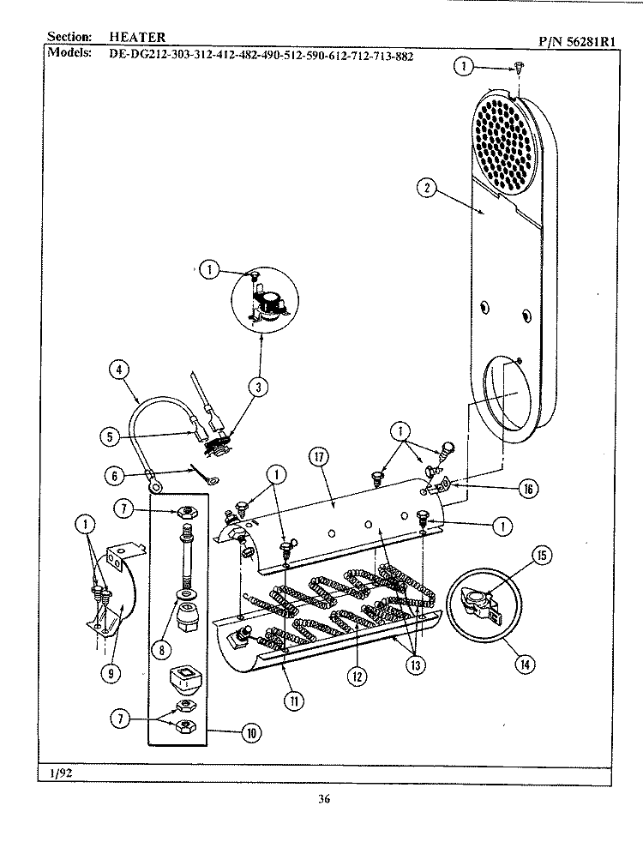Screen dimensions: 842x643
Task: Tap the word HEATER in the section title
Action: click(x=137, y=37)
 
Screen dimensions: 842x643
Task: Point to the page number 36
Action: click(x=323, y=801)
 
